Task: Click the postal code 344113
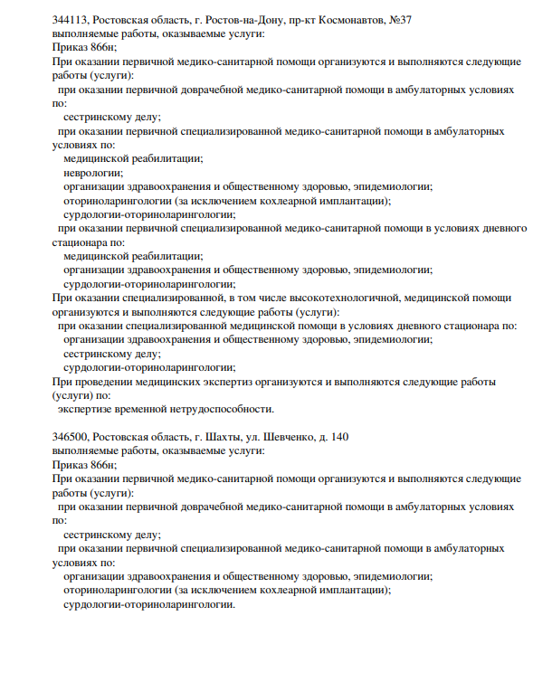tap(71, 20)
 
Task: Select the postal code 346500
tap(71, 437)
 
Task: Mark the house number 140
tap(338, 437)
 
